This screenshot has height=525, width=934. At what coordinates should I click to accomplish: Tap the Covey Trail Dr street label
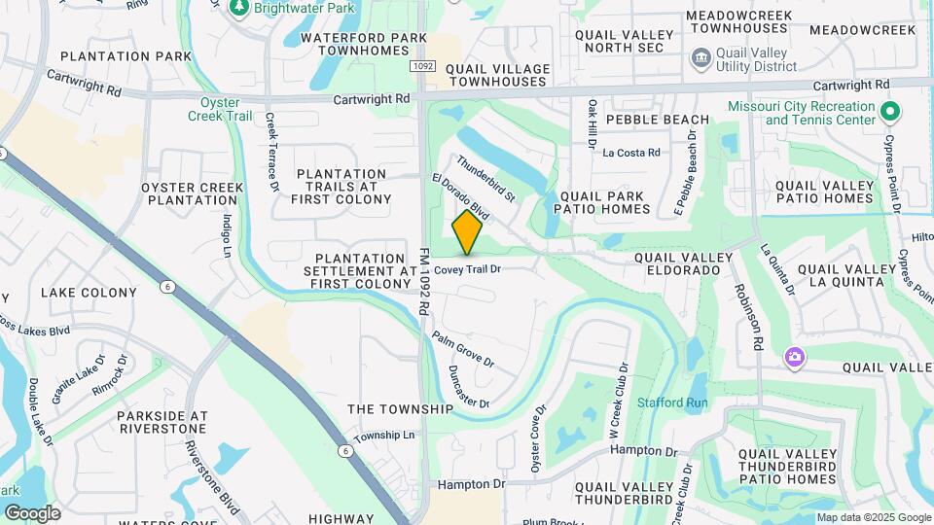[467, 269]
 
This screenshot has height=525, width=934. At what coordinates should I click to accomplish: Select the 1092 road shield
[421, 66]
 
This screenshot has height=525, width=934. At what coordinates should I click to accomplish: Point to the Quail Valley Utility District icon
[700, 59]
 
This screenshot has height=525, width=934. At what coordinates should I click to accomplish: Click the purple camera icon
[795, 359]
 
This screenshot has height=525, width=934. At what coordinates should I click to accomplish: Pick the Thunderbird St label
[485, 179]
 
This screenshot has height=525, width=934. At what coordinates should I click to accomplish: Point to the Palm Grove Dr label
[464, 350]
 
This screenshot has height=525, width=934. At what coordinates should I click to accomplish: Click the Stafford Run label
[672, 402]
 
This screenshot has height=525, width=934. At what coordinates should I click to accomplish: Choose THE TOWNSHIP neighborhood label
[400, 409]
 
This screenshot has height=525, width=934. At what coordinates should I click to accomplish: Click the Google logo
[32, 513]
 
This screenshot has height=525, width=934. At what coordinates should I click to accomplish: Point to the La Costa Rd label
[631, 153]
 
